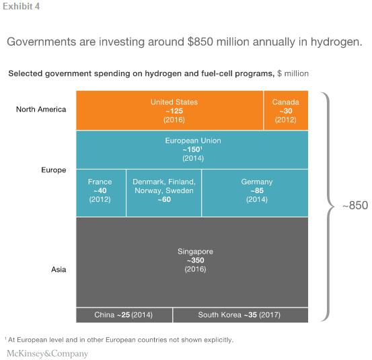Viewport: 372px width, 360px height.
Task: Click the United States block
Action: point(170,110)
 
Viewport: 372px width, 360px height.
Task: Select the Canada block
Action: point(286,110)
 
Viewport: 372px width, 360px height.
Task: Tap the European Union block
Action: point(192,150)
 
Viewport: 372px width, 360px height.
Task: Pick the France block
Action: point(101,193)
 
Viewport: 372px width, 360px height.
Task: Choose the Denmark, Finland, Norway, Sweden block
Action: point(163,193)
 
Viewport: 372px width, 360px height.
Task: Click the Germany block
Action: point(255,193)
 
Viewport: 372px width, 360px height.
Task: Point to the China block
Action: point(124,315)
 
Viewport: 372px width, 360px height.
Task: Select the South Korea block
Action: point(241,315)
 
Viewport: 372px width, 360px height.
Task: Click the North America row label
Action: point(41,109)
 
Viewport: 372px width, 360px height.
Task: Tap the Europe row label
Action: point(54,170)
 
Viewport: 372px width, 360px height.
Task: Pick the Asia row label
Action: point(59,269)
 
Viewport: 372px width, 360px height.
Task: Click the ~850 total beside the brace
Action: point(355,205)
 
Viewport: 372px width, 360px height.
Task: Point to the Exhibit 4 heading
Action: point(22,7)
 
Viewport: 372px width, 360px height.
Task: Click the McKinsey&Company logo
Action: point(48,353)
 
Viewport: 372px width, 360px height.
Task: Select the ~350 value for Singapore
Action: point(195,260)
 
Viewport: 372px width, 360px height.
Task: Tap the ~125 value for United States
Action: point(174,111)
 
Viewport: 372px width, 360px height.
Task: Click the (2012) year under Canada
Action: point(286,120)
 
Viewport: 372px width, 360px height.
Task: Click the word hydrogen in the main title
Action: point(336,42)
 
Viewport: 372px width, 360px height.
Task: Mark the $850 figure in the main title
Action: point(200,42)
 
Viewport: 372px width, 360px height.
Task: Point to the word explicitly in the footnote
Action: point(219,340)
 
